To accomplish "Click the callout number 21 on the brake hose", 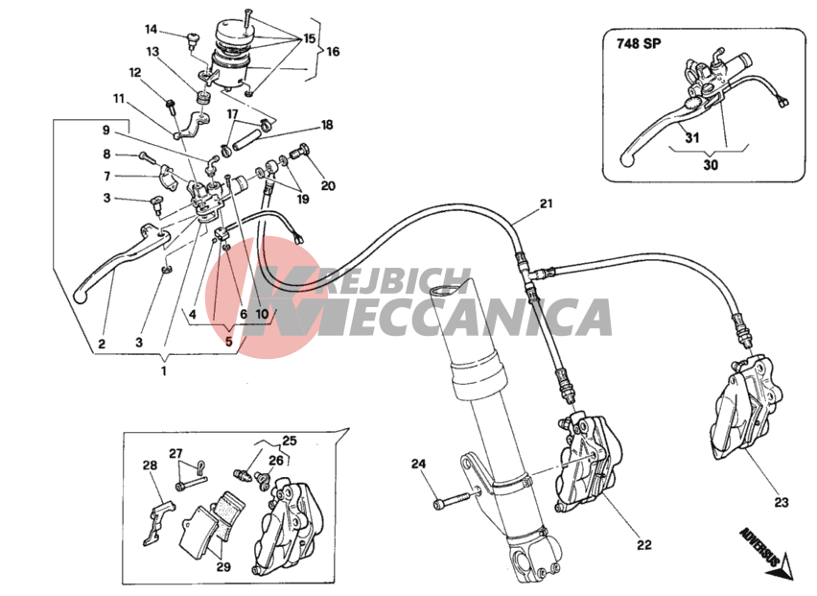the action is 546,203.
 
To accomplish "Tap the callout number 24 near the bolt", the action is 418,463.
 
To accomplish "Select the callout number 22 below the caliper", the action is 644,545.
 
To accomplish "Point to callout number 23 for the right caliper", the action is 782,502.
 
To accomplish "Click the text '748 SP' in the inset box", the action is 639,44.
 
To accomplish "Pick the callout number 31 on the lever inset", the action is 692,138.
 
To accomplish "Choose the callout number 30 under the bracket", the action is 711,165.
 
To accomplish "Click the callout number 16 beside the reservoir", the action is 333,51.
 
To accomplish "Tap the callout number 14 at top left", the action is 151,29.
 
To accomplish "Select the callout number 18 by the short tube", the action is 327,125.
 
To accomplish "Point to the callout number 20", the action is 328,185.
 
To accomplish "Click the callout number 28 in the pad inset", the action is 150,465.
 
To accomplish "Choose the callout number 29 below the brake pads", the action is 223,567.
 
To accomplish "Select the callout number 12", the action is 135,73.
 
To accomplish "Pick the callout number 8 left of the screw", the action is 106,155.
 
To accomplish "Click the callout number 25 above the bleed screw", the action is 290,441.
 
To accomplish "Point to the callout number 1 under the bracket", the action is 164,371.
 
